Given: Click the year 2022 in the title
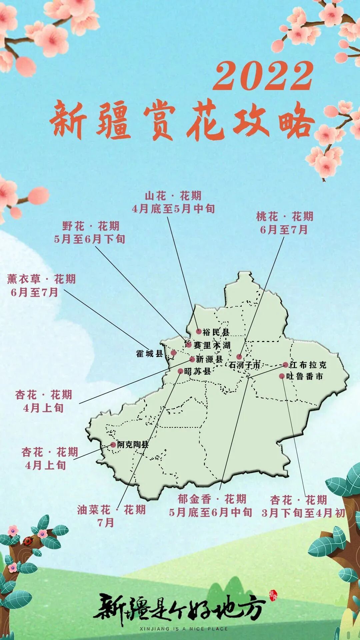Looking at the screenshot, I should point(263,76).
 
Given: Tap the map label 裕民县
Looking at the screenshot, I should point(216,332).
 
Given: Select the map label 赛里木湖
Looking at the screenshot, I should point(212,345).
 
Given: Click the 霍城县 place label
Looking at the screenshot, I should point(149,354).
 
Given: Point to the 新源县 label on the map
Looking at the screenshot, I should point(209,359).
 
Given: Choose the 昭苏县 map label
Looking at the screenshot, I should point(197,371).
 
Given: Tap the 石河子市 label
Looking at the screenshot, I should point(244,365).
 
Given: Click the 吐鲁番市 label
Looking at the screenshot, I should point(305,376).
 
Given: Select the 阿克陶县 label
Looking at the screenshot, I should point(132,445).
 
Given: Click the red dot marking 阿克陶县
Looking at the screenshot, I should point(113,445).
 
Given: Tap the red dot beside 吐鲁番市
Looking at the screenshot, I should point(282,376).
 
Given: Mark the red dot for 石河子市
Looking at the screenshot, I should point(239,357).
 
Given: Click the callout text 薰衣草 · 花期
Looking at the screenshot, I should point(41,279).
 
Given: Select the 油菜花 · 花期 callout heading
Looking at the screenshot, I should point(111,510).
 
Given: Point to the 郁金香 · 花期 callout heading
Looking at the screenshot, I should point(212,499).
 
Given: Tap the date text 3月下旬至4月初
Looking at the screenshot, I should point(303,513).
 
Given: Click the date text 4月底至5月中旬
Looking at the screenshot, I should point(173,209).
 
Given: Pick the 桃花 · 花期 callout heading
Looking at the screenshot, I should point(285,217).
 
